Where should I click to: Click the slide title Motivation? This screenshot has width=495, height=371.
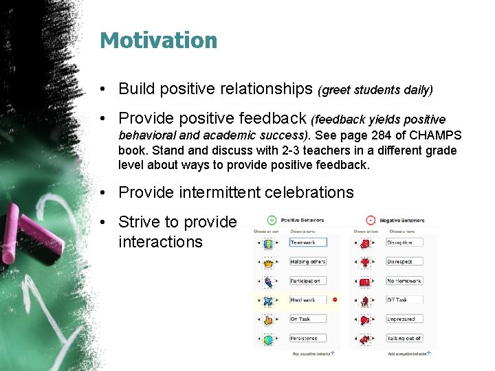158,41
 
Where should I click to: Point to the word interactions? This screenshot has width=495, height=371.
160,242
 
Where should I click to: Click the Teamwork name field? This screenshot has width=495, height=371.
307,243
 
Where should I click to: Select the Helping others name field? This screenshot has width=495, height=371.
308,262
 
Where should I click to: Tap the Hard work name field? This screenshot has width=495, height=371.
307,300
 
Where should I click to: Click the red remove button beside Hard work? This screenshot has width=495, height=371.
335,300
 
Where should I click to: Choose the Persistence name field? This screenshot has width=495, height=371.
307,339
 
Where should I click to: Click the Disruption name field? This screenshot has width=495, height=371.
404,243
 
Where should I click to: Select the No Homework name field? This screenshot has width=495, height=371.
404,281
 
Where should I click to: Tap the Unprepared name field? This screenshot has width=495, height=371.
404,319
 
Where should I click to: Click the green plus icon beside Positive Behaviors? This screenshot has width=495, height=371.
271,220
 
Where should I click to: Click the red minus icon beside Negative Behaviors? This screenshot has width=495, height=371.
371,220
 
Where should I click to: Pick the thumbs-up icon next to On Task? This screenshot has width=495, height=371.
267,319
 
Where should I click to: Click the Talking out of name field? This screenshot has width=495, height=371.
404,339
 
